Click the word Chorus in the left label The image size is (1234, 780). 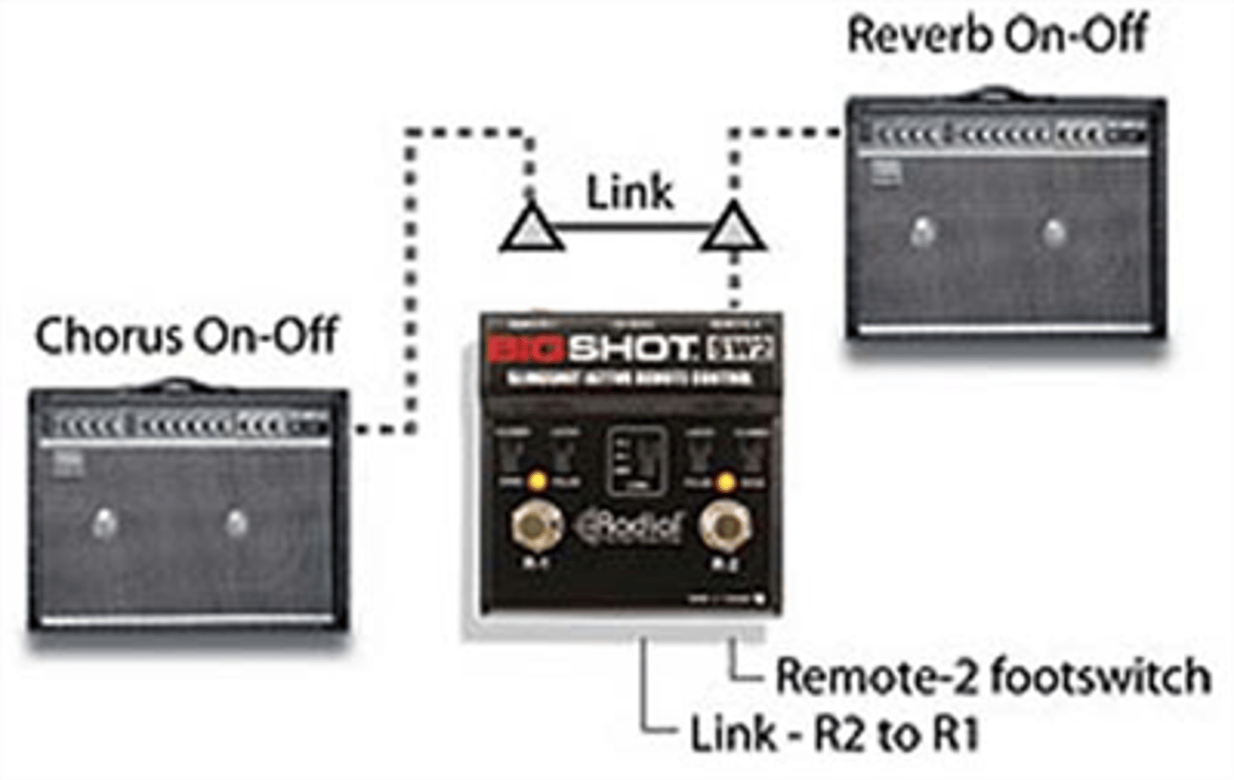108,337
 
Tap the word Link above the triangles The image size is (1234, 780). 629,193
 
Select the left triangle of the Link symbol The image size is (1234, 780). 531,228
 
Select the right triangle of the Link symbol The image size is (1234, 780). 733,228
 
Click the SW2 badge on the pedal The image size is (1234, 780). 740,351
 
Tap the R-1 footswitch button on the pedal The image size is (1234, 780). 536,526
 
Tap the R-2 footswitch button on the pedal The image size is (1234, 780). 724,526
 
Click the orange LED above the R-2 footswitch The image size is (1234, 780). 725,481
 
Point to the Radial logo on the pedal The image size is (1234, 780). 632,527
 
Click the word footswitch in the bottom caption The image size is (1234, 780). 1100,676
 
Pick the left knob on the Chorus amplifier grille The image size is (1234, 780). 104,522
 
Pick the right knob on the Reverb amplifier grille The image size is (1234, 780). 1053,233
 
